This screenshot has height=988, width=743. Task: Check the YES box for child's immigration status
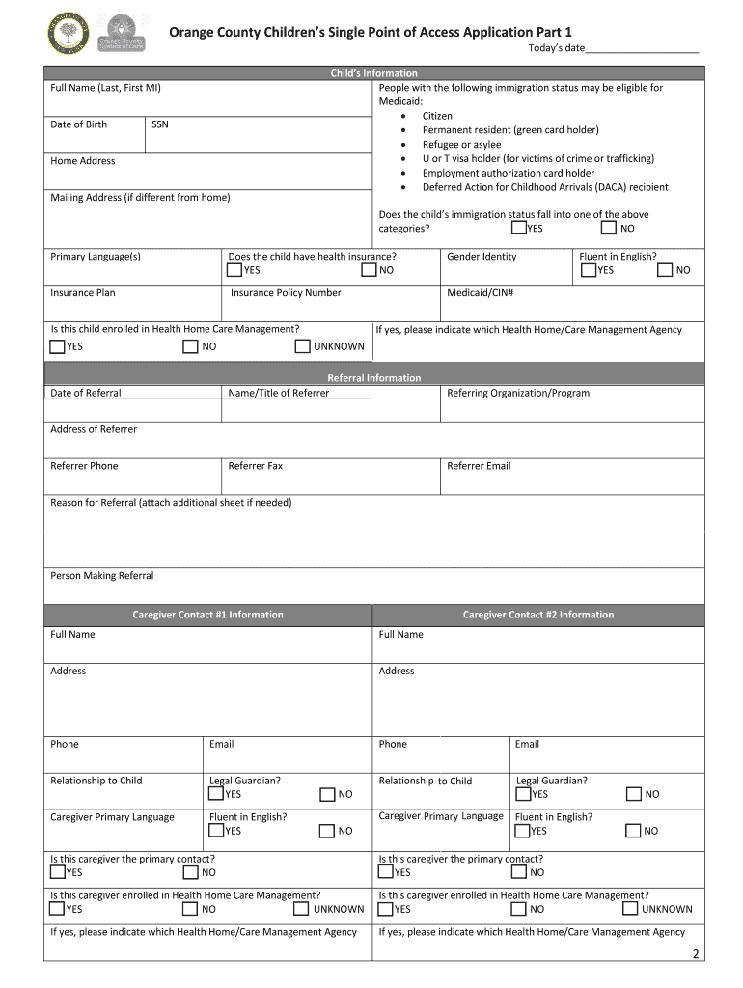coord(519,229)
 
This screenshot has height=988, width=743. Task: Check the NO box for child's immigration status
coord(608,229)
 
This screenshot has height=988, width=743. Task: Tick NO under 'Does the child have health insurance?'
coord(369,270)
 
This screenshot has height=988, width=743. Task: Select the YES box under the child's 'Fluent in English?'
coord(588,270)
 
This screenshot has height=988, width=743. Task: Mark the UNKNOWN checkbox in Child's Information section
coord(303,346)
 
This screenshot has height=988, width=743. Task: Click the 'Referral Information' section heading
coord(373,378)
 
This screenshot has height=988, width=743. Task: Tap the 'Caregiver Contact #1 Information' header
coord(207,615)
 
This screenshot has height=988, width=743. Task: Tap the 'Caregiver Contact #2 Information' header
coord(537,615)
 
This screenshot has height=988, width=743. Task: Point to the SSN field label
coord(160,124)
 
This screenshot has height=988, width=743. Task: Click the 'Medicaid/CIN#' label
coord(480,293)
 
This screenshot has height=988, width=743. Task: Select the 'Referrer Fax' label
coord(256,466)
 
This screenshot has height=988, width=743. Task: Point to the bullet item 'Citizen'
coord(437,116)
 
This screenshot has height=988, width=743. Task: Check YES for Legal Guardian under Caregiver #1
coord(216,794)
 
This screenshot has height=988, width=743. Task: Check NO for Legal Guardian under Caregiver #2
coord(634,794)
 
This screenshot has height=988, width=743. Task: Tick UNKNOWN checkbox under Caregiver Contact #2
coord(630,908)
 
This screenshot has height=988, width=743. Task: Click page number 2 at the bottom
coord(695,955)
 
